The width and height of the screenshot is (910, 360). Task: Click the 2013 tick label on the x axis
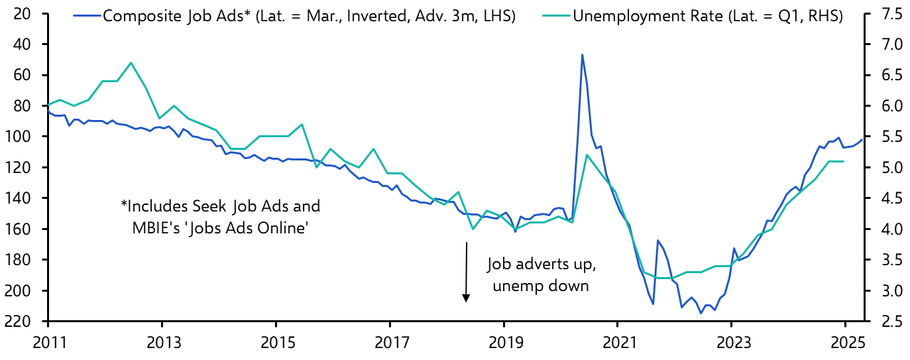pyautogui.click(x=162, y=344)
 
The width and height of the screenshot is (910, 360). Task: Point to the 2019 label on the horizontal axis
pyautogui.click(x=504, y=344)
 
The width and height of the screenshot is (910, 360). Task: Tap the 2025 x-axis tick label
pyautogui.click(x=845, y=344)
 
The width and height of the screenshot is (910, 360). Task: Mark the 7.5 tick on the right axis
pyautogui.click(x=887, y=13)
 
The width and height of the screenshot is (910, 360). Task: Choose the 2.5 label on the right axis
pyautogui.click(x=887, y=322)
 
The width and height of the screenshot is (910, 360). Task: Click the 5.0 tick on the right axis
pyautogui.click(x=887, y=168)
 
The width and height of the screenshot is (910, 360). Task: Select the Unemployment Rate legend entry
pyautogui.click(x=707, y=15)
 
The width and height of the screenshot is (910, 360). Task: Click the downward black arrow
pyautogui.click(x=466, y=272)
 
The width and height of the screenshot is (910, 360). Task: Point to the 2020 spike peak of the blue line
pyautogui.click(x=582, y=54)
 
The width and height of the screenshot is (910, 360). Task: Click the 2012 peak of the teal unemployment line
pyautogui.click(x=131, y=62)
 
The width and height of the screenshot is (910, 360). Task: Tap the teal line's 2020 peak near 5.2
pyautogui.click(x=587, y=154)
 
